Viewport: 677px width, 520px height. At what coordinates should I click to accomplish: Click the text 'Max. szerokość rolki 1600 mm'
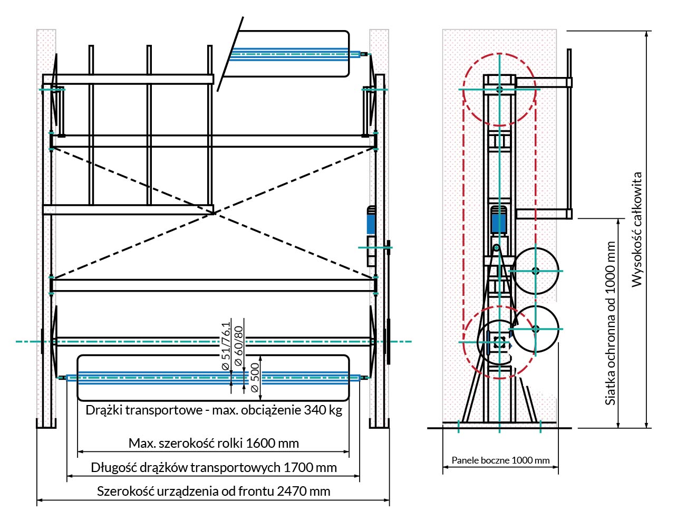[x=214, y=443]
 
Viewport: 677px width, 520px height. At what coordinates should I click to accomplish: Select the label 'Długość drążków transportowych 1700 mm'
[x=214, y=467]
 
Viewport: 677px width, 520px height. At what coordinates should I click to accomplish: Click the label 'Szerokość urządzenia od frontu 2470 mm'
[x=214, y=492]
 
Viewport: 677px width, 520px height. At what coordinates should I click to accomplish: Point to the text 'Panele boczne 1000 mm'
[x=500, y=460]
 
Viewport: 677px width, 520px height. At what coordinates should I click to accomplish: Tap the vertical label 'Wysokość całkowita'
[x=637, y=229]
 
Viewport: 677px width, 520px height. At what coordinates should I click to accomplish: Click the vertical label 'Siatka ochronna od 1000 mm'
[x=611, y=323]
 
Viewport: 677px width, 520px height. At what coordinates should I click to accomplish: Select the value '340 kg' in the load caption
[x=323, y=410]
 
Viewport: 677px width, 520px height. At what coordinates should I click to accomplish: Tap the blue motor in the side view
[x=499, y=220]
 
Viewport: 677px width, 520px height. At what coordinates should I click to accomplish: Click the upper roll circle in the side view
[x=536, y=271]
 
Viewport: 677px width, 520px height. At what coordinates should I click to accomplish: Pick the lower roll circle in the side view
[x=536, y=329]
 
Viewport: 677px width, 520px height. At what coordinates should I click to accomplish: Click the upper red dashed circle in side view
[x=499, y=90]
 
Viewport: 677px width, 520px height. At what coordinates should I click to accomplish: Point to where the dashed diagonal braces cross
[x=214, y=213]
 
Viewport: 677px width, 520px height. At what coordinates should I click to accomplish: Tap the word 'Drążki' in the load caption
[x=104, y=410]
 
